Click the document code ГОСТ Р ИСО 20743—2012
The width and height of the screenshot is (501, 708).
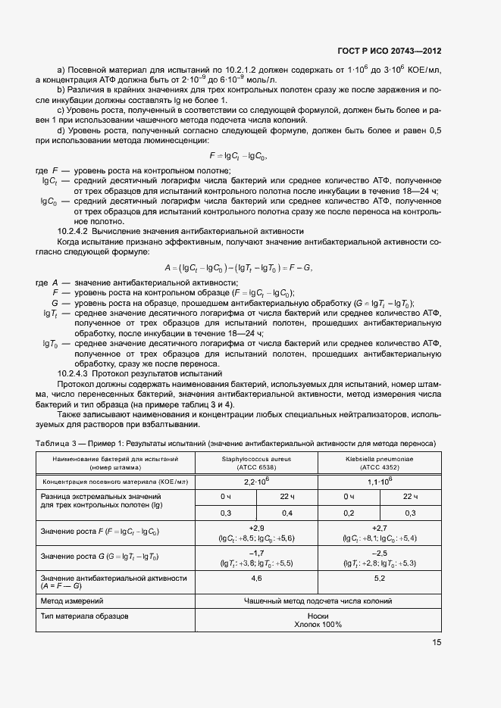(389, 51)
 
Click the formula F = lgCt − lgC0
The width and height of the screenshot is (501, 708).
(237, 156)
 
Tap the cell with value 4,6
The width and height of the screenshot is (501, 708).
(257, 579)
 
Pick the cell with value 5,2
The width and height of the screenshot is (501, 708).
(380, 579)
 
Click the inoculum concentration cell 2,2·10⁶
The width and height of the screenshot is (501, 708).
(257, 482)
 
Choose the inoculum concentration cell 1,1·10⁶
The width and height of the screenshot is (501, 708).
(380, 482)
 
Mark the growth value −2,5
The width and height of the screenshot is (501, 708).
(380, 553)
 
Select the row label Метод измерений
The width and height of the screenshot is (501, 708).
(72, 601)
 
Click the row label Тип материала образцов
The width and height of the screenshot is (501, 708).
(84, 616)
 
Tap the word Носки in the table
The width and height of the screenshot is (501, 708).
(318, 616)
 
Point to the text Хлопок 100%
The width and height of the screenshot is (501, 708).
(318, 625)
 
